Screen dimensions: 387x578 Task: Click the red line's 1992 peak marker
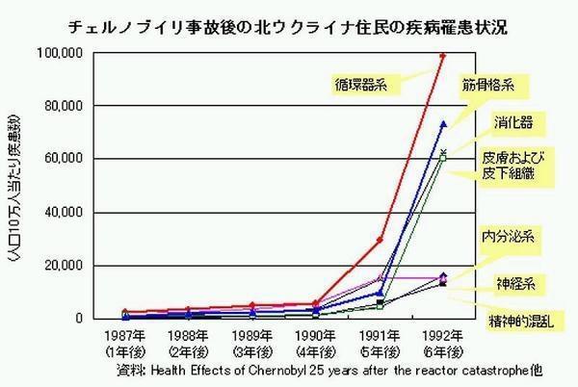click(443, 55)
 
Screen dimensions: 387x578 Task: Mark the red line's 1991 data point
click(380, 240)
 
